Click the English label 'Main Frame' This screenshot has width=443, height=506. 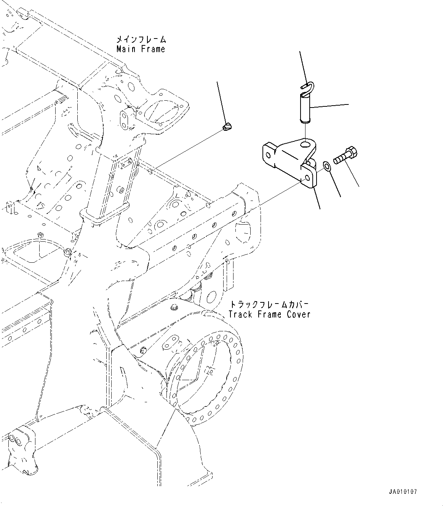[x=141, y=49]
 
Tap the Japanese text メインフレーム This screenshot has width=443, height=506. [x=141, y=40]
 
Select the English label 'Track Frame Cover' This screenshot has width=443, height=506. [x=269, y=314]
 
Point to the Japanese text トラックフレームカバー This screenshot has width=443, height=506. [x=269, y=305]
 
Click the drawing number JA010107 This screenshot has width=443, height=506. [x=403, y=492]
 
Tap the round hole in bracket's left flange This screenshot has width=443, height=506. [x=269, y=155]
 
